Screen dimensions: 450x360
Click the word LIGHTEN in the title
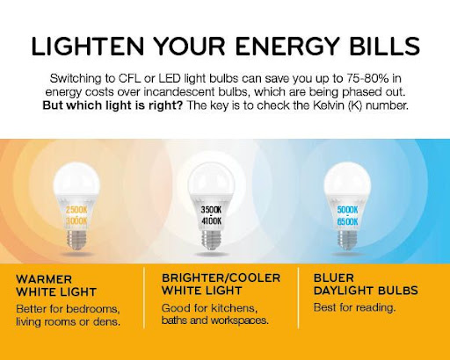(88, 46)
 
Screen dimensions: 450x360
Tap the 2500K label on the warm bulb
(76, 210)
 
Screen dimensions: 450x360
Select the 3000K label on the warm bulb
(76, 221)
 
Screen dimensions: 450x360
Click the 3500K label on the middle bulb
(211, 210)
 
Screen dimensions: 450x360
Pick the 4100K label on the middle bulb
(211, 221)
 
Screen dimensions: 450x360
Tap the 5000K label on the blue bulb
(347, 210)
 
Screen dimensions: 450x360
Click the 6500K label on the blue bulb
(347, 221)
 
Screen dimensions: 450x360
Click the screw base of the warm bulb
(76, 240)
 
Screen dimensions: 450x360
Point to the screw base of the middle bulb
(211, 240)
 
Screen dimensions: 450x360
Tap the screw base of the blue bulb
(347, 240)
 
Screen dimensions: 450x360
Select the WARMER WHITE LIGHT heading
(56, 285)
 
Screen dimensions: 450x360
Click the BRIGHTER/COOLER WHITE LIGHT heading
(221, 284)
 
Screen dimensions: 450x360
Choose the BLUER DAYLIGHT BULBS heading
(366, 284)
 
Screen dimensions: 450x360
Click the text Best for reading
(354, 307)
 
